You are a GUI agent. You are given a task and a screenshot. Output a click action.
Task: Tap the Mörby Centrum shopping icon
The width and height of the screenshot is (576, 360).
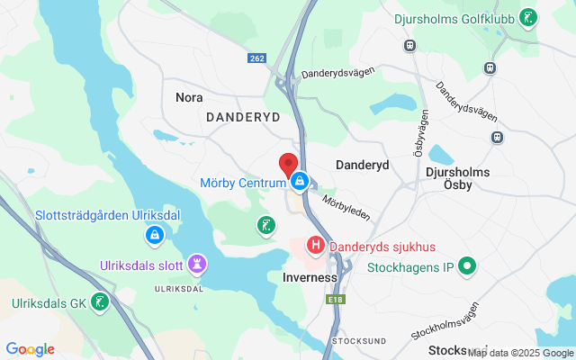pos(299,181)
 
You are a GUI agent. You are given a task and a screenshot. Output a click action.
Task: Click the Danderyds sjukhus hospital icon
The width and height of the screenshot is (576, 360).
pos(316,245)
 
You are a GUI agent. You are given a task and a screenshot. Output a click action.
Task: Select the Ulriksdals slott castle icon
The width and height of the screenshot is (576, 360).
pos(197,264)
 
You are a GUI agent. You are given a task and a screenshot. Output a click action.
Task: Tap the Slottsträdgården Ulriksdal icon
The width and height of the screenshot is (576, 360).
pos(155,236)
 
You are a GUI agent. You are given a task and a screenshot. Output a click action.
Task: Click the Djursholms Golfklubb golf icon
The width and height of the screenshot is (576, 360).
pos(530,17)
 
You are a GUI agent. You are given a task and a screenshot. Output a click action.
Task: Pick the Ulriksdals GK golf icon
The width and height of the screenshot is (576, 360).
pos(103,303)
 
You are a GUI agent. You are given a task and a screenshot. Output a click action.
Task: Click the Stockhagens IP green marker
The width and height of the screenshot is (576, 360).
pos(466,266)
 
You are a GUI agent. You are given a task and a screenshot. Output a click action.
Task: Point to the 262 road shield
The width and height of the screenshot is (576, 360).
pos(258,58)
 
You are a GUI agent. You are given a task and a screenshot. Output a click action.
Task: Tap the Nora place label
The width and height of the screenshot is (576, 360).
pos(189,97)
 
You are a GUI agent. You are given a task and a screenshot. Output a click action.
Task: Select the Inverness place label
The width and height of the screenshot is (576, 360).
pos(309,278)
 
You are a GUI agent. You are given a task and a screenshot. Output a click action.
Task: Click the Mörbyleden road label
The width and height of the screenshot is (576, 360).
pos(346,208)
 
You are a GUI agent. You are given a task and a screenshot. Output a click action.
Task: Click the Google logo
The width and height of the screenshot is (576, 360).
pos(30,349)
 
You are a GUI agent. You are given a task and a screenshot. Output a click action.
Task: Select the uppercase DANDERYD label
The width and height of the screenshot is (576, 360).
pos(243,117)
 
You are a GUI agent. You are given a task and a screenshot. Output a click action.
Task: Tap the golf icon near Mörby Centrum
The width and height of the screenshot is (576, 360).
pos(265,225)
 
